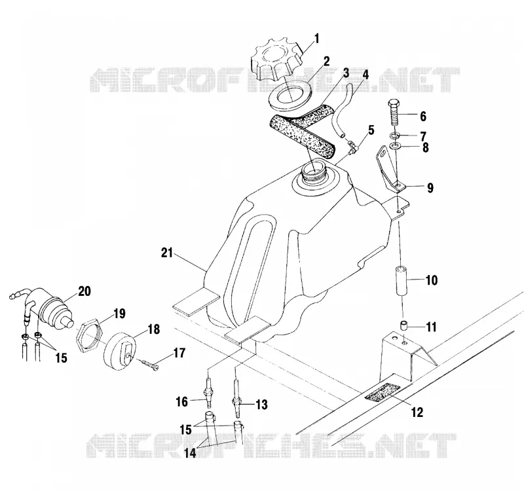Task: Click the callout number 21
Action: click(x=167, y=253)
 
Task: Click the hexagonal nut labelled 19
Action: click(x=88, y=335)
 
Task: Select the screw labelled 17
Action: click(x=150, y=365)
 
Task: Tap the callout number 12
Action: click(x=417, y=412)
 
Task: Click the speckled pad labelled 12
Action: click(x=383, y=391)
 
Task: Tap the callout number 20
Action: click(x=84, y=291)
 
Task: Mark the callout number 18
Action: click(x=153, y=329)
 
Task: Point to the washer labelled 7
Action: click(x=396, y=136)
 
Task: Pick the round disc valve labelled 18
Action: click(x=120, y=350)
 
